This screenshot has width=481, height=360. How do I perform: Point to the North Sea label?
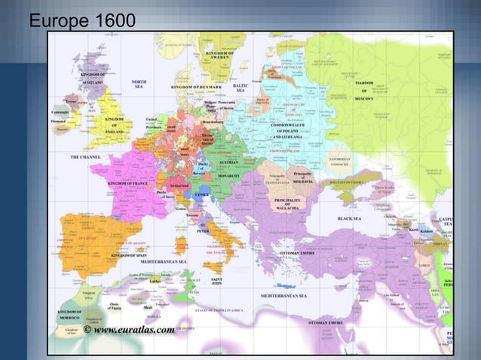point(139,84)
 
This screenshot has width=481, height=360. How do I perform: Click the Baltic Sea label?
point(240,88)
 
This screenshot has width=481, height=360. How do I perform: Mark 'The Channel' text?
point(86,157)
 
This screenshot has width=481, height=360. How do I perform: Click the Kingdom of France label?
point(128,183)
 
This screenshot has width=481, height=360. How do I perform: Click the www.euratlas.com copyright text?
point(129,329)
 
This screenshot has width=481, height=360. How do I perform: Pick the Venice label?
point(201,194)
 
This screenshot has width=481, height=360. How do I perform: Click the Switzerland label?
point(179,185)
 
